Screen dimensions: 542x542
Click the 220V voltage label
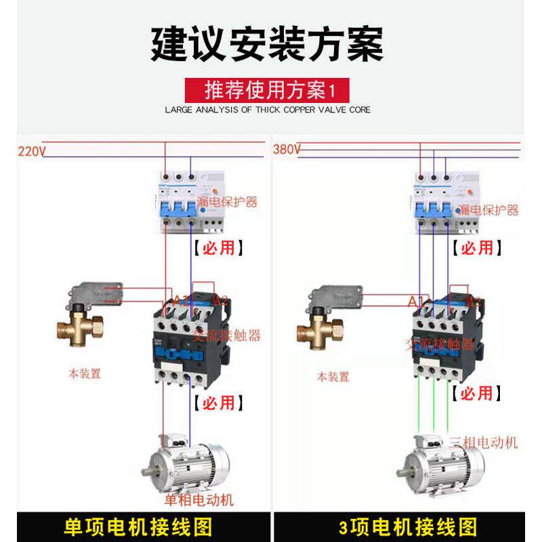tap(30, 152)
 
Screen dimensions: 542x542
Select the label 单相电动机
tap(199, 501)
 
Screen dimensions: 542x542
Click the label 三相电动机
tap(484, 442)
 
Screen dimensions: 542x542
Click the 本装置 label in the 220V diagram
tap(85, 373)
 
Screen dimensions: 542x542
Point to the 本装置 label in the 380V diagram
tap(333, 377)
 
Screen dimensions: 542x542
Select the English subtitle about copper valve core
tap(268, 109)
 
